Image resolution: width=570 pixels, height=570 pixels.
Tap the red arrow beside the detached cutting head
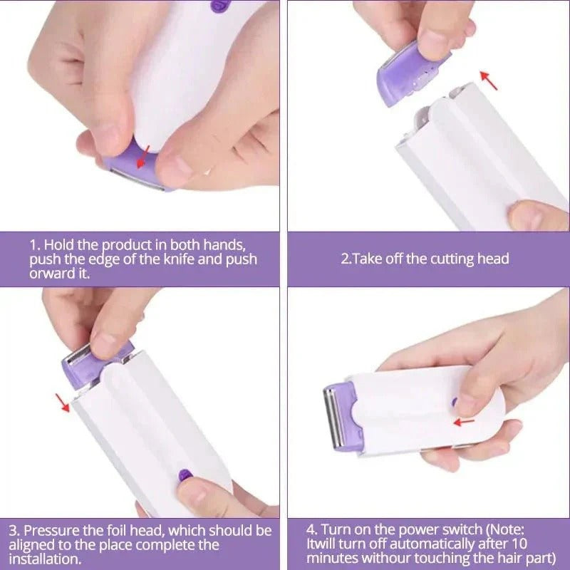[x=488, y=80]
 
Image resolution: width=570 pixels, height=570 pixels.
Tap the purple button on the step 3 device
[x=185, y=474]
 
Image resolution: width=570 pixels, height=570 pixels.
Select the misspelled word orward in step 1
[x=51, y=274]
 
